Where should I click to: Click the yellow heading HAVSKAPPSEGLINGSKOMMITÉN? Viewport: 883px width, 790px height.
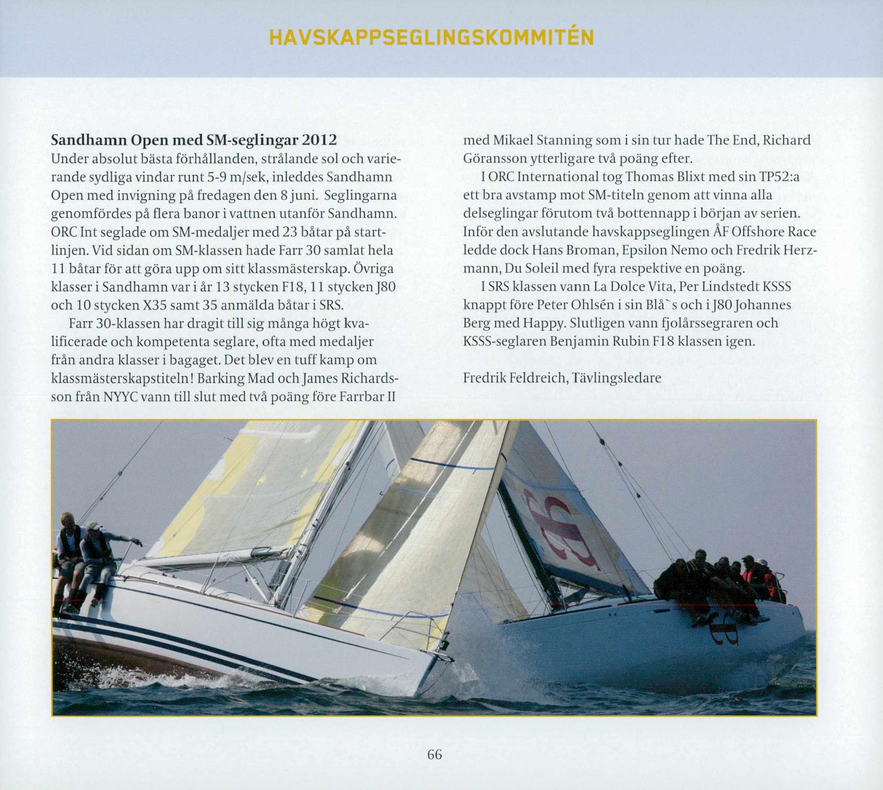click(x=431, y=38)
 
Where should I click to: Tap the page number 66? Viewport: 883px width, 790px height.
click(x=434, y=754)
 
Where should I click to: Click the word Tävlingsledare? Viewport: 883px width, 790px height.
click(x=617, y=378)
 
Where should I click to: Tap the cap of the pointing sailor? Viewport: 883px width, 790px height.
click(x=93, y=526)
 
